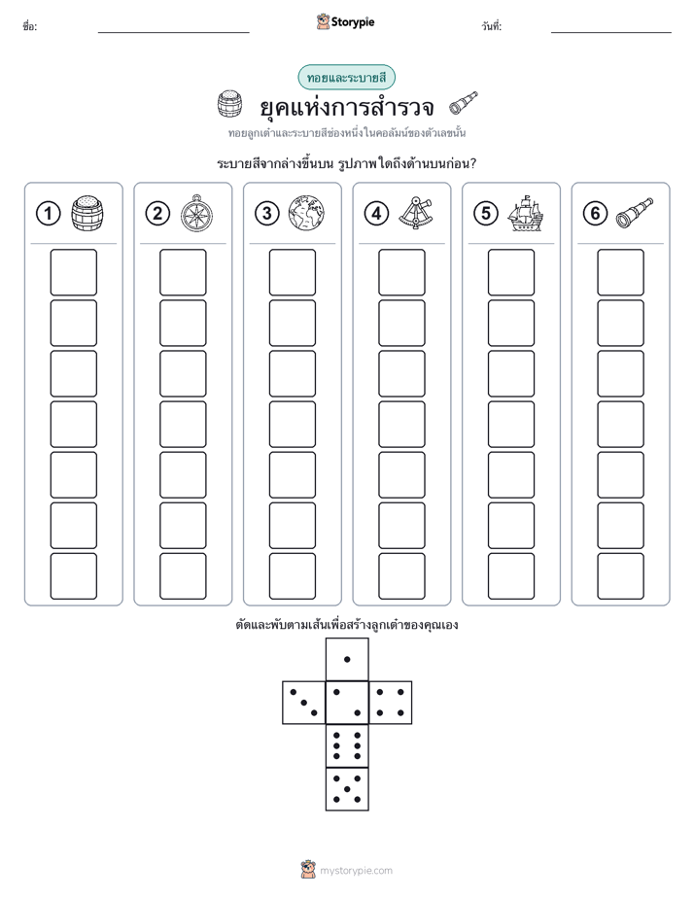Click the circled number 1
click(x=48, y=214)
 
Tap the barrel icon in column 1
click(x=87, y=213)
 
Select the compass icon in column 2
click(x=196, y=213)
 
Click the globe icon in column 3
click(x=306, y=213)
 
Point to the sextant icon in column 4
click(x=416, y=213)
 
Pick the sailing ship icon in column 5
click(x=525, y=213)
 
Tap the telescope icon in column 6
click(x=635, y=213)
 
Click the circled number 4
click(x=376, y=214)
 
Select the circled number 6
click(x=595, y=214)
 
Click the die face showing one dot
click(x=347, y=659)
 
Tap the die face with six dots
click(x=347, y=745)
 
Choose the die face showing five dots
click(x=347, y=788)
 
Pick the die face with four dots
click(x=391, y=703)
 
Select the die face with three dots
click(x=304, y=703)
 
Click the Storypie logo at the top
click(x=345, y=21)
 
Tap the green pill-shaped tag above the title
click(x=346, y=78)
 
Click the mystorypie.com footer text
click(x=356, y=871)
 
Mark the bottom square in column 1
click(x=73, y=576)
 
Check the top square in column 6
click(x=621, y=272)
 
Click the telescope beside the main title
click(x=464, y=103)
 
